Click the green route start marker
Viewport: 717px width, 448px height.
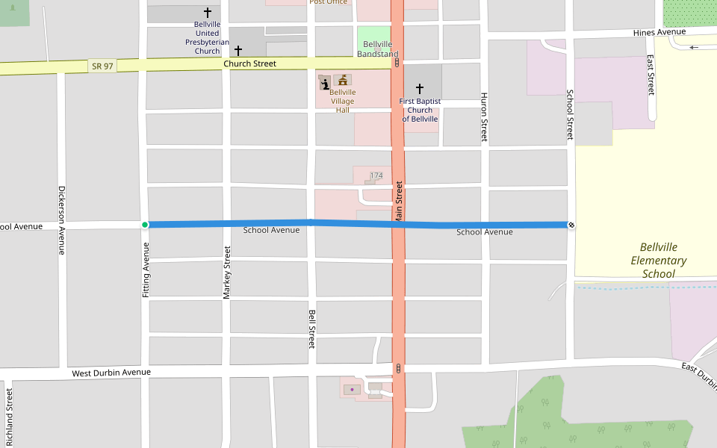(x=145, y=225)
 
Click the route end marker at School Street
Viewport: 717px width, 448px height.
(x=571, y=225)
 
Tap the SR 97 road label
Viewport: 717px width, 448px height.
(x=102, y=66)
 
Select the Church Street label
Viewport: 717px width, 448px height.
(x=249, y=64)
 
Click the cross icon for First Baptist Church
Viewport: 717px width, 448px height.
(x=419, y=89)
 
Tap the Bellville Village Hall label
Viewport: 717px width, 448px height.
(x=343, y=101)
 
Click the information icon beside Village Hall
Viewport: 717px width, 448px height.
(x=325, y=82)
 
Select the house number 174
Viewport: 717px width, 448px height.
(x=376, y=175)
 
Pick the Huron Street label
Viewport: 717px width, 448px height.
(x=484, y=117)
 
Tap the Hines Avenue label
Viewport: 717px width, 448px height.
(x=659, y=33)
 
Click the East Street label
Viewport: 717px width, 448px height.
(x=651, y=75)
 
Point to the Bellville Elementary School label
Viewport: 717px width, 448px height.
(x=659, y=261)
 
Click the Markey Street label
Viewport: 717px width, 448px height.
(x=227, y=273)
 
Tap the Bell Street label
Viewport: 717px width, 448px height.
(x=312, y=329)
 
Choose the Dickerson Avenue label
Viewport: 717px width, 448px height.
(x=62, y=220)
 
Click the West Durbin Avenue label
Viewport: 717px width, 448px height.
(x=111, y=373)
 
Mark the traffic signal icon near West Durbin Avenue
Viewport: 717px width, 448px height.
(x=399, y=368)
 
